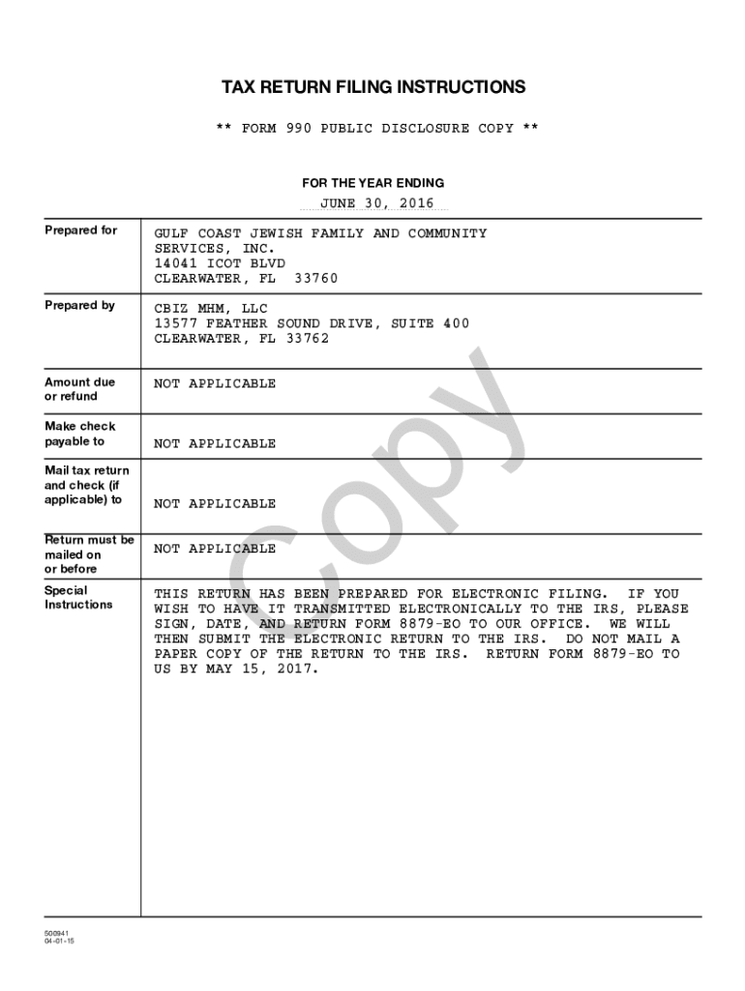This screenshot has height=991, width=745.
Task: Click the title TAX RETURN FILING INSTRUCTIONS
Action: pyautogui.click(x=373, y=88)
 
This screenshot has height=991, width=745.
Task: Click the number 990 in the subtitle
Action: pyautogui.click(x=299, y=129)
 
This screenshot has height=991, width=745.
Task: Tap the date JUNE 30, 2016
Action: pyautogui.click(x=377, y=203)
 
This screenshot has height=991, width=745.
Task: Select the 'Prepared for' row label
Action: pyautogui.click(x=81, y=230)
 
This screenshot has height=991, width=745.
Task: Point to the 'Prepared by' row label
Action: pyautogui.click(x=79, y=306)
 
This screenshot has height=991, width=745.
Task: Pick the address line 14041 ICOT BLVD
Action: pyautogui.click(x=220, y=263)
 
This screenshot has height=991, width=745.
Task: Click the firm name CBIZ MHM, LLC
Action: pyautogui.click(x=211, y=310)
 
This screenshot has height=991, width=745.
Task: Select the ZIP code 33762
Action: pyautogui.click(x=307, y=339)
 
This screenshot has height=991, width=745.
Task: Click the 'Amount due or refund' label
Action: pyautogui.click(x=79, y=389)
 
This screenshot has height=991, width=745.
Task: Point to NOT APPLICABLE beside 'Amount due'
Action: pyautogui.click(x=215, y=384)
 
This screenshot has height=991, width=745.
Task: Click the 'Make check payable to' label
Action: pyautogui.click(x=79, y=434)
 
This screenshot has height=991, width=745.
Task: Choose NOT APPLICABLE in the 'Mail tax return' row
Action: pyautogui.click(x=215, y=504)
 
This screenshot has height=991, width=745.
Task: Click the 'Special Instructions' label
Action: pyautogui.click(x=78, y=598)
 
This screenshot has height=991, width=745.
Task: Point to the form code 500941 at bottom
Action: pyautogui.click(x=56, y=934)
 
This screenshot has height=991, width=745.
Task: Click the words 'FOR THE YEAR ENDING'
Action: pyautogui.click(x=373, y=183)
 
